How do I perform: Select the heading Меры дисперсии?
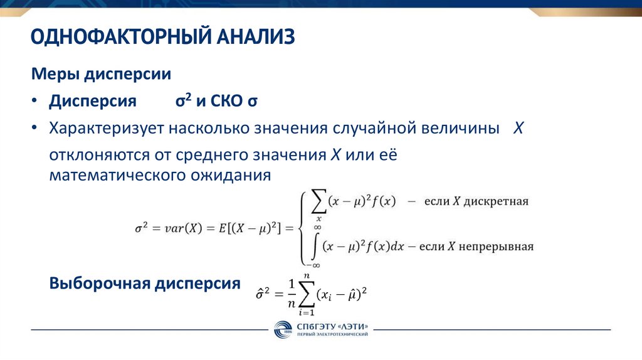pyautogui.click(x=102, y=75)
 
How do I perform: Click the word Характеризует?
pyautogui.click(x=110, y=128)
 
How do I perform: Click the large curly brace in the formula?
pyautogui.click(x=302, y=228)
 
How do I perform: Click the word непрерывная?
pyautogui.click(x=498, y=246)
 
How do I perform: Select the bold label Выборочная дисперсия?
pyautogui.click(x=145, y=283)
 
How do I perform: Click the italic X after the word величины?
pyautogui.click(x=518, y=128)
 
